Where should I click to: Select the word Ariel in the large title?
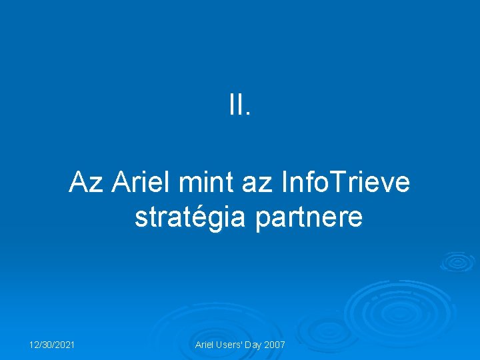[x=141, y=181]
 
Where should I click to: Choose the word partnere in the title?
[x=309, y=217]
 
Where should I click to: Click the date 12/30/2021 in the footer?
[x=51, y=345]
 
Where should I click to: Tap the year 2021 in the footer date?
[x=64, y=345]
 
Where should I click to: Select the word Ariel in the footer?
[x=205, y=345]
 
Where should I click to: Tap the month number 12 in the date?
[x=33, y=345]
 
